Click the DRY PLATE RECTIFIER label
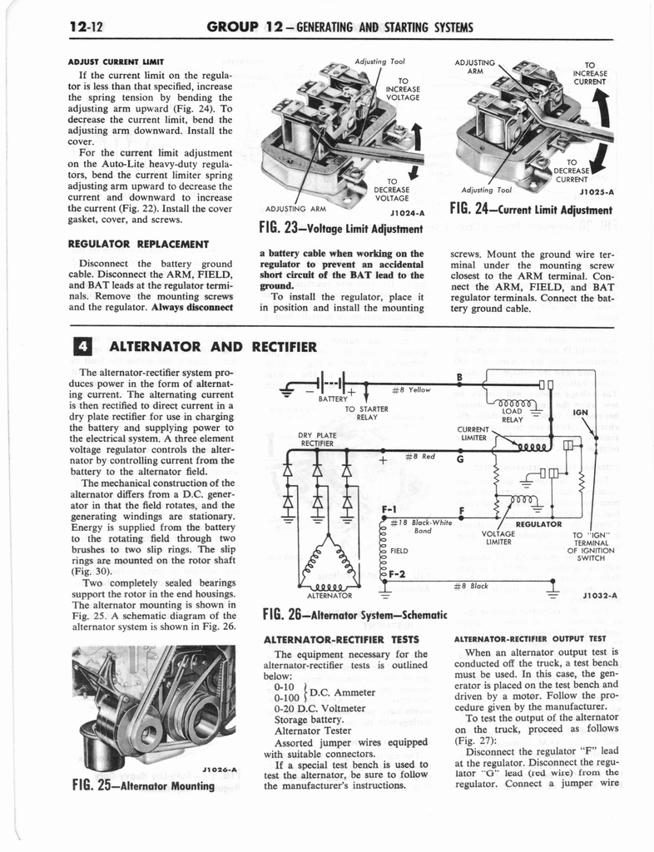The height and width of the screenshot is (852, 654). coord(317,438)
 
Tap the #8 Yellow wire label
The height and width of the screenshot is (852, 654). coord(411,389)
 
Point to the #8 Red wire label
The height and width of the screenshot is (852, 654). coord(420,456)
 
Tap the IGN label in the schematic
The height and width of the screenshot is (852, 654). coord(581,410)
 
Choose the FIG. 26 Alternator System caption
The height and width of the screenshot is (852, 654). coord(354,617)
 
